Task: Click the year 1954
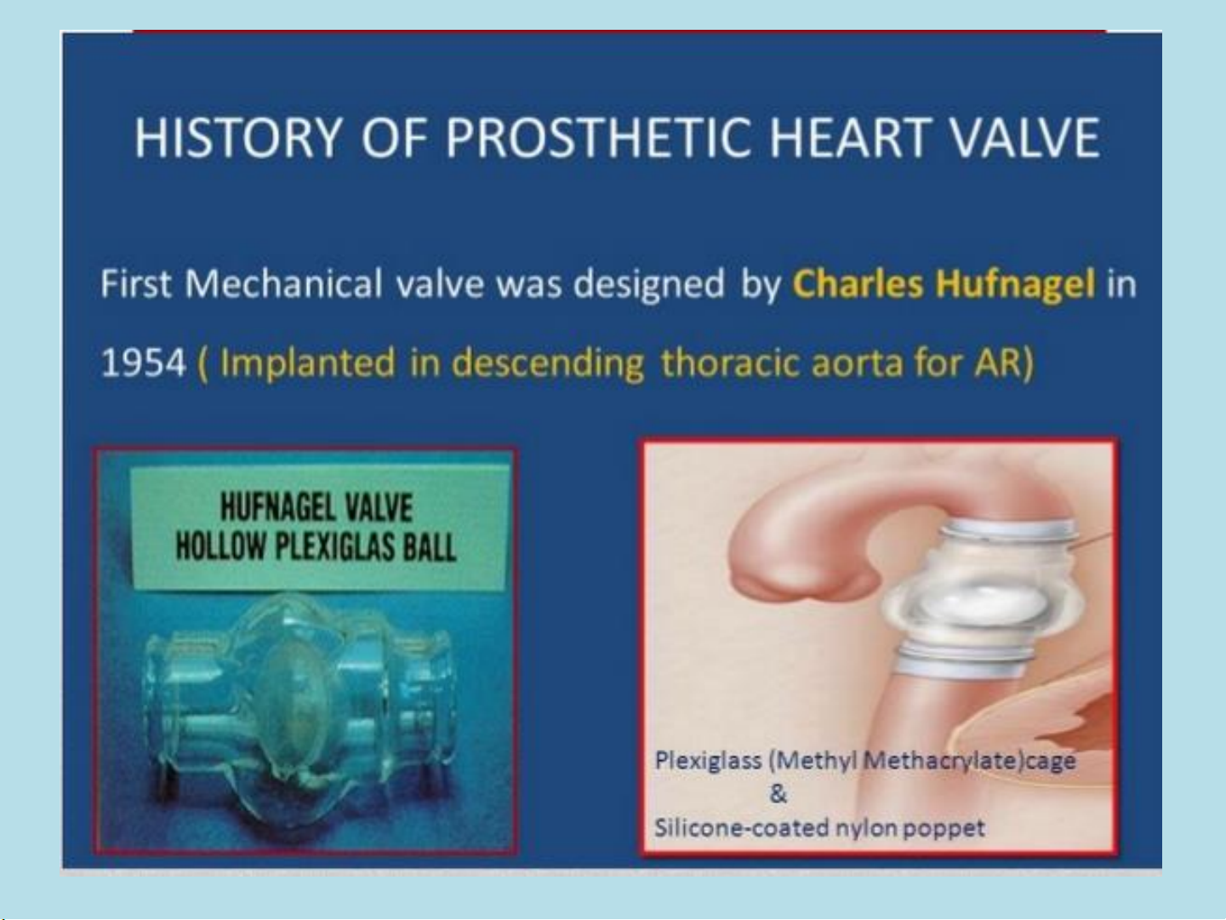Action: point(143,363)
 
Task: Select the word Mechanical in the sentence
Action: point(283,283)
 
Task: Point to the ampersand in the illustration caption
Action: point(778,794)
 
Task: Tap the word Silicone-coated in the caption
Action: point(741,827)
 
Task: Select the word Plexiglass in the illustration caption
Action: point(708,761)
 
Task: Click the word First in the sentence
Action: point(135,283)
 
